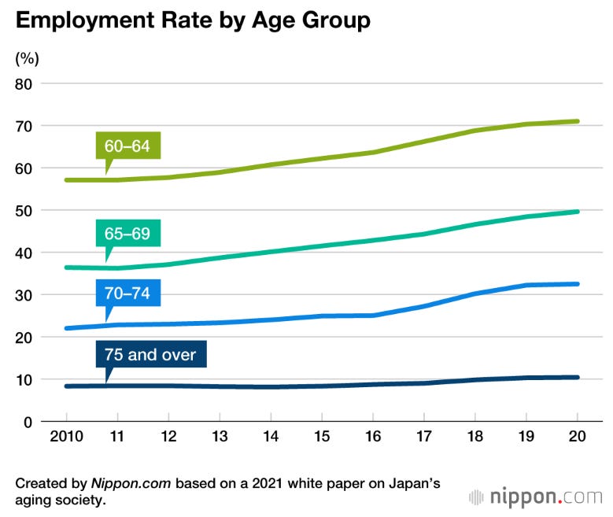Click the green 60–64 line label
coord(132,146)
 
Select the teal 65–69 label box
coord(132,233)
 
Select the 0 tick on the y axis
coord(30,422)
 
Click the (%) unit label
coord(27,57)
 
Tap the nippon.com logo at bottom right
coord(535,497)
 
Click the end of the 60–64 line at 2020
coord(578,121)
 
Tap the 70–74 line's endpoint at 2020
coord(578,284)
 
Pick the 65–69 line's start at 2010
coord(67,268)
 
